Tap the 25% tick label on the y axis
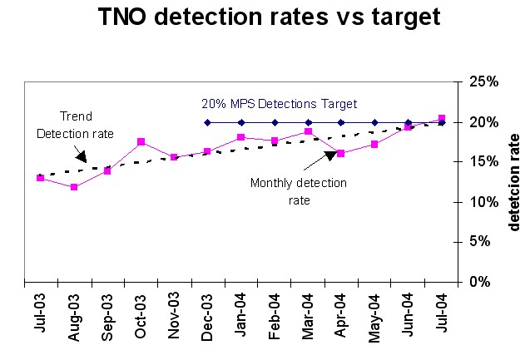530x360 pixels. pos(483,81)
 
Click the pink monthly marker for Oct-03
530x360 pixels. pos(141,142)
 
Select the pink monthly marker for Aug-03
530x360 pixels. pos(74,187)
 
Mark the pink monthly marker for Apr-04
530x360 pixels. pos(341,154)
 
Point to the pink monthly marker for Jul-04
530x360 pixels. pos(442,118)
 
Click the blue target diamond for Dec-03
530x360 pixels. pos(207,122)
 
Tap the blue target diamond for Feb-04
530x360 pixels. pos(275,122)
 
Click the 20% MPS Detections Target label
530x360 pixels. pos(279,104)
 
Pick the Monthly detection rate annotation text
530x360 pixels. pos(298,190)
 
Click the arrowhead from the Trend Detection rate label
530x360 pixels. pos(80,155)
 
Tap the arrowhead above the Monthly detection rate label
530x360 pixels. pos(329,154)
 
